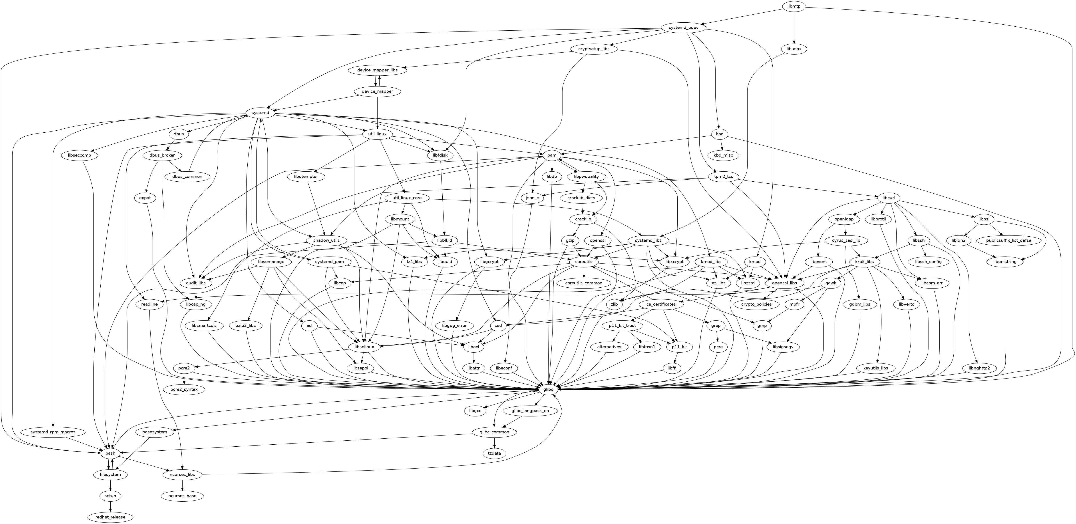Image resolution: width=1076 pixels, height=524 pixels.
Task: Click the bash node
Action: pos(110,453)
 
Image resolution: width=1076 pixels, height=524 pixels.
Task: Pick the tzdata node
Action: pos(494,453)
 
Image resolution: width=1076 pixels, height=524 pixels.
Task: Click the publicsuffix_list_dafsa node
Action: pos(1009,241)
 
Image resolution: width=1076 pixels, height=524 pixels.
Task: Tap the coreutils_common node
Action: pos(584,283)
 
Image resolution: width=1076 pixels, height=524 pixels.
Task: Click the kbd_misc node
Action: pos(723,155)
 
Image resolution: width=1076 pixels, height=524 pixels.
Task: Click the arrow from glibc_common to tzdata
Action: pos(494,443)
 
